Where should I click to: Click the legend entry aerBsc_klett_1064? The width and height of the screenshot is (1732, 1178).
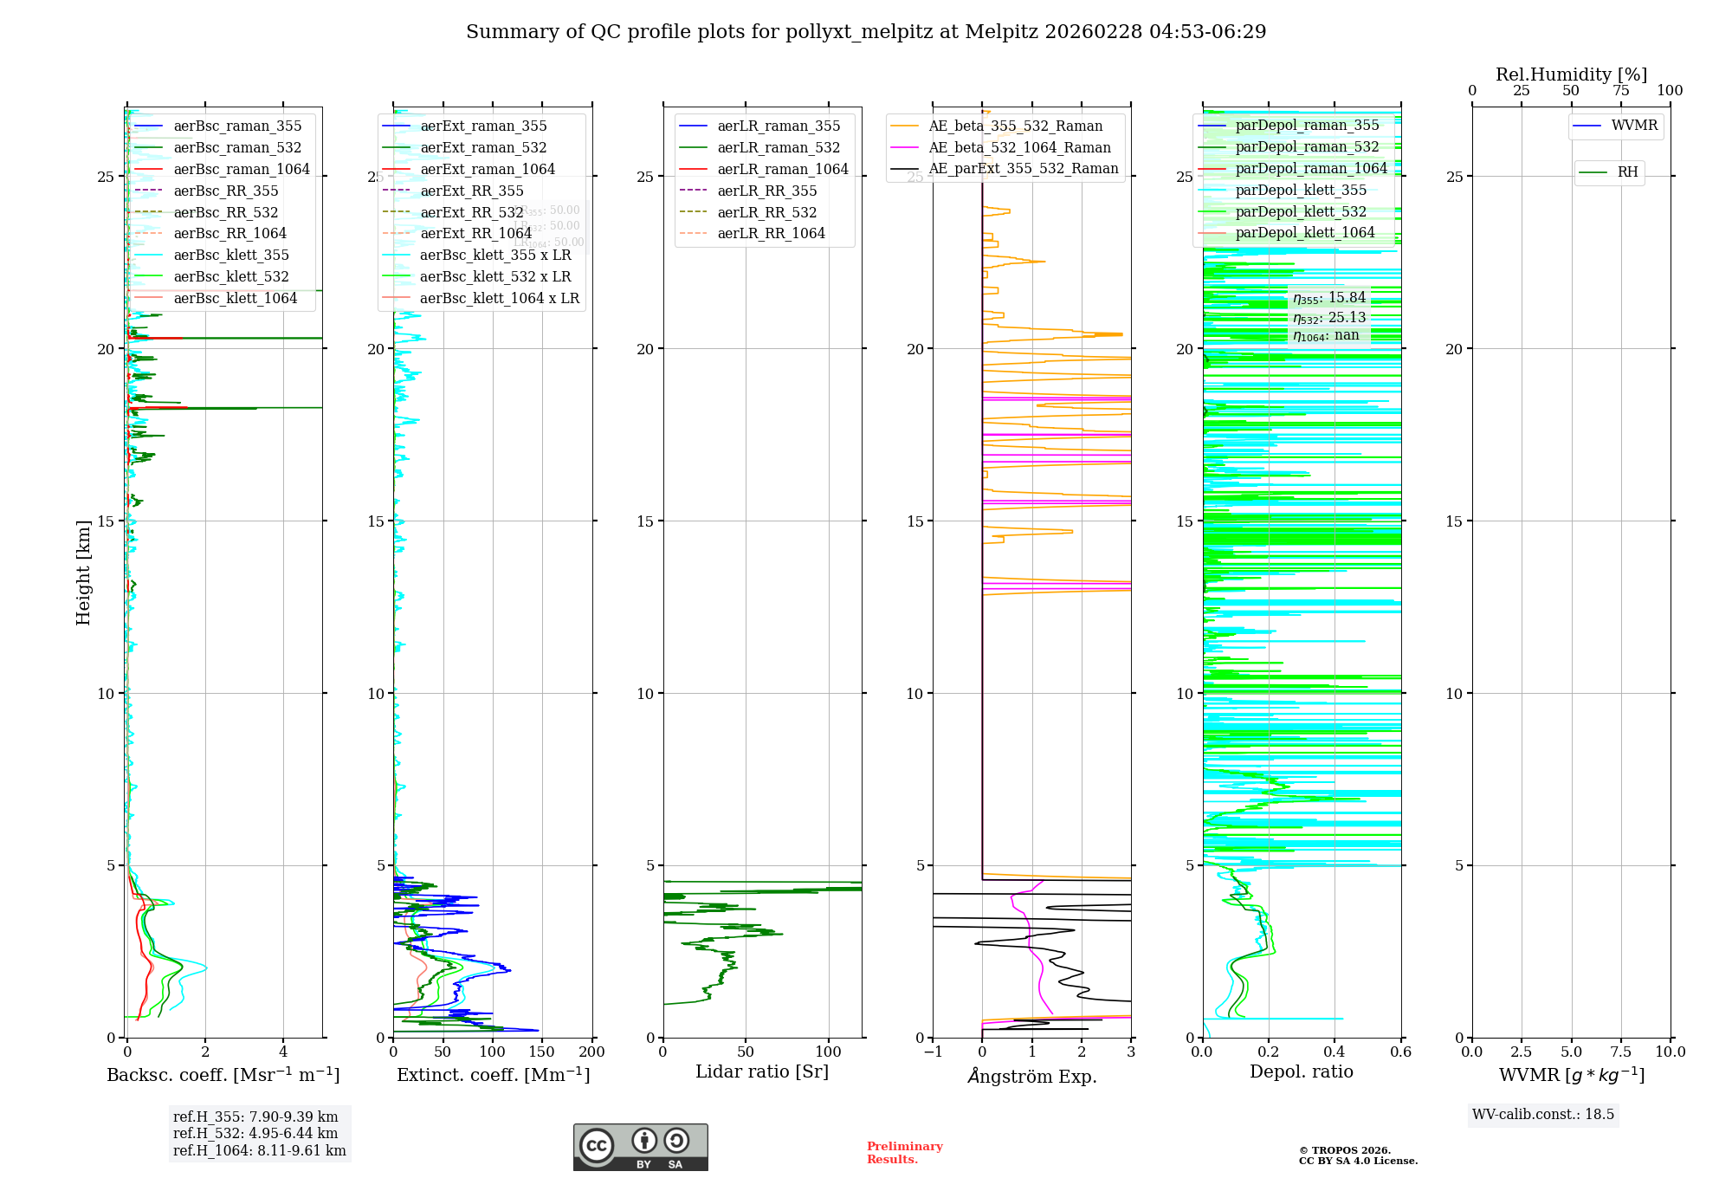tap(235, 299)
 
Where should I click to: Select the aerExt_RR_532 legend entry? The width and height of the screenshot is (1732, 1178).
tap(471, 213)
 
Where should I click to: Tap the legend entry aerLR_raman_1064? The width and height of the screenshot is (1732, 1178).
tap(782, 170)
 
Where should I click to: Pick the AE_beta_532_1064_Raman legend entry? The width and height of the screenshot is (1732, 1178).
tap(1019, 148)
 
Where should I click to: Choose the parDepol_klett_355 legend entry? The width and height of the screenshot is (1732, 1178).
tap(1301, 191)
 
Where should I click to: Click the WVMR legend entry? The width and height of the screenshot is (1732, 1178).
tap(1634, 126)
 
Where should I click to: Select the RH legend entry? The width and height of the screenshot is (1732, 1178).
tap(1627, 172)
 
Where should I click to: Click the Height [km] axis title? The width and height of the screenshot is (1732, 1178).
tap(83, 573)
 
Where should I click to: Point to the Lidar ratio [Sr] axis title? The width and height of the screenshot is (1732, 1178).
tap(761, 1072)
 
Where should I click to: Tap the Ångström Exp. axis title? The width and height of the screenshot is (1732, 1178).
tap(1031, 1077)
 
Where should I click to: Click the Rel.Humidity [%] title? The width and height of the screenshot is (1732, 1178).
tap(1571, 74)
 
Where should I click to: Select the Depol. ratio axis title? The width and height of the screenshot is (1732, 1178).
tap(1301, 1072)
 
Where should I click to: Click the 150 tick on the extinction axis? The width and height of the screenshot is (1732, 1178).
tap(541, 1052)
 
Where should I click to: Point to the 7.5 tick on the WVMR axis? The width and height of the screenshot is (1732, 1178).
tap(1621, 1052)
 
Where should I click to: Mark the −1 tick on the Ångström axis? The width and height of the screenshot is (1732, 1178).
tap(933, 1052)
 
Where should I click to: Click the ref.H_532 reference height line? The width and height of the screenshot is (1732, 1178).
tap(255, 1134)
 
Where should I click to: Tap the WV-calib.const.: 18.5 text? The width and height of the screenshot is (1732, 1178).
tap(1543, 1115)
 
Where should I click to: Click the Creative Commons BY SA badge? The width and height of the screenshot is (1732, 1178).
tap(640, 1148)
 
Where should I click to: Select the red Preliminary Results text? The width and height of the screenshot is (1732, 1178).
tap(904, 1153)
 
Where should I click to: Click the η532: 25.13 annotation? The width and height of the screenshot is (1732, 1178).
tap(1329, 318)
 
